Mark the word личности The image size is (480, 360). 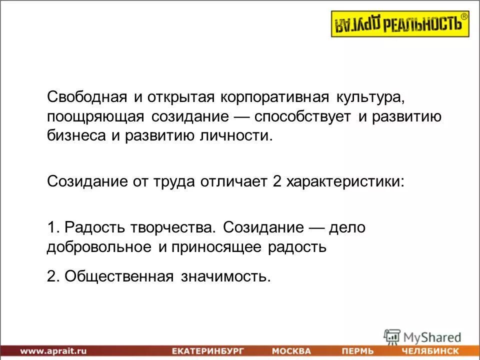(x=240, y=135)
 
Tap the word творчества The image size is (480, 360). (x=174, y=227)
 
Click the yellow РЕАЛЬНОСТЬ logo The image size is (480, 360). (x=400, y=24)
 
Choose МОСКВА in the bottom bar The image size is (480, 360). (x=291, y=351)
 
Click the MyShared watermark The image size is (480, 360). (x=422, y=336)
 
